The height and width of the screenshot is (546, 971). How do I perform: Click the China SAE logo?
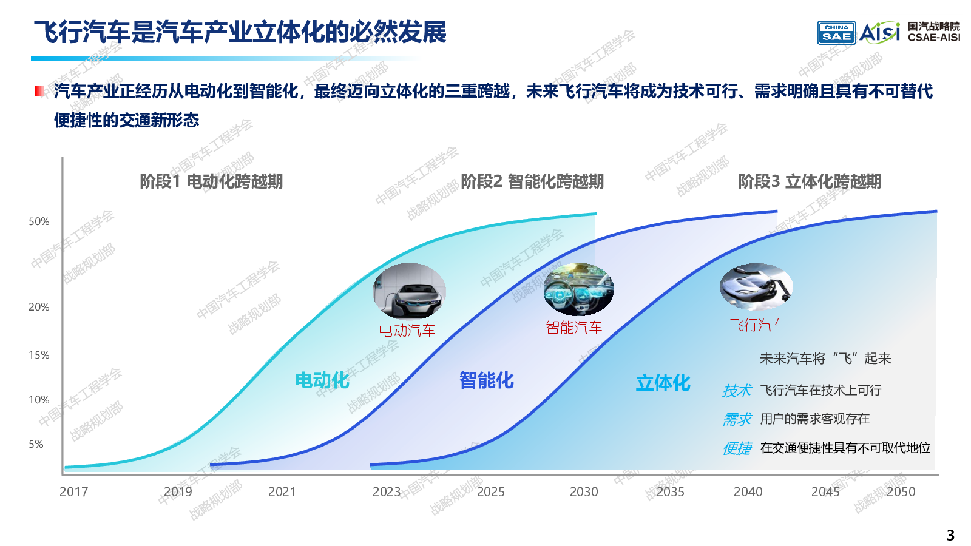[836, 33]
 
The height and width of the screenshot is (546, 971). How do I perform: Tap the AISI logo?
[879, 32]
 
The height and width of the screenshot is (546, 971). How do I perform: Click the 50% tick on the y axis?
[39, 222]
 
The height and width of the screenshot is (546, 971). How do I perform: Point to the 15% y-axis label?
[39, 356]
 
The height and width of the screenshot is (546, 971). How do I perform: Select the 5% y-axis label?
[36, 445]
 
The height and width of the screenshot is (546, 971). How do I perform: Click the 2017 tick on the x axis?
[73, 492]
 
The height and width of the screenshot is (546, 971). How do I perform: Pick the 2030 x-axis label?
[584, 492]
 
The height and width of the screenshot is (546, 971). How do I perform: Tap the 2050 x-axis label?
[901, 492]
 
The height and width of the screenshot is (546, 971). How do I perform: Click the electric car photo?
[409, 291]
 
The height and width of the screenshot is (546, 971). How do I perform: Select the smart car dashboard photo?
[578, 289]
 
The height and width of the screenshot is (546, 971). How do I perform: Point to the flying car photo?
[756, 287]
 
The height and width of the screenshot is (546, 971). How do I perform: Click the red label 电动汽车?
[407, 331]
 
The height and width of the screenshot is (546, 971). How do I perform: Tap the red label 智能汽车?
[573, 328]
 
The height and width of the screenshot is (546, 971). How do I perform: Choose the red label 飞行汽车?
[757, 325]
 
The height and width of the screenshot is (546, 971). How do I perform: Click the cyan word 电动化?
[322, 380]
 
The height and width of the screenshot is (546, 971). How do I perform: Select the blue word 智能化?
[486, 380]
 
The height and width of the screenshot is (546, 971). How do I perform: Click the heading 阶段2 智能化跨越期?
[532, 181]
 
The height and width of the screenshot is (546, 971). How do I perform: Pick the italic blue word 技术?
[737, 391]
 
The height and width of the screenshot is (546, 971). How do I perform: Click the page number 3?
[950, 535]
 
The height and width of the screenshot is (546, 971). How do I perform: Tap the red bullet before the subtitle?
[40, 91]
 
